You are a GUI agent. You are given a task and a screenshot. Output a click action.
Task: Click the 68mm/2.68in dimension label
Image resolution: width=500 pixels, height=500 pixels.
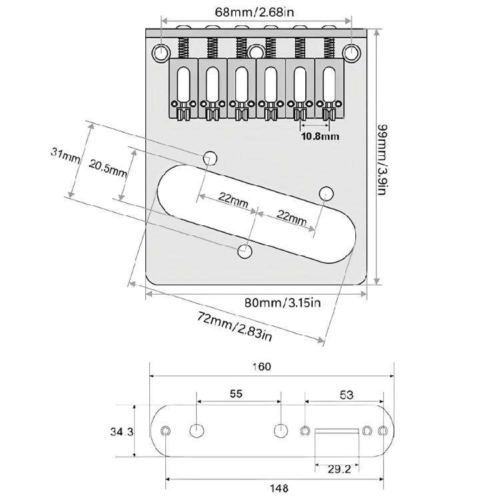coord(254,12)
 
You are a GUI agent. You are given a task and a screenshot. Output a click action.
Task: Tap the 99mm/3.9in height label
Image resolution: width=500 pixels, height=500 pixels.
coord(382,159)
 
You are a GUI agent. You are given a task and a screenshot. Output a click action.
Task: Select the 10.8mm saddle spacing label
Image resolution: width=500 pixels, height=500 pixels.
coord(320,137)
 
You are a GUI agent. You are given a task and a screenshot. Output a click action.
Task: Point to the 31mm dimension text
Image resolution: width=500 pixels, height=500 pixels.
coord(65,155)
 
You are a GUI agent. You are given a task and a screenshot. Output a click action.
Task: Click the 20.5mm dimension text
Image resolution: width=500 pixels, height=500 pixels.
coord(108,169)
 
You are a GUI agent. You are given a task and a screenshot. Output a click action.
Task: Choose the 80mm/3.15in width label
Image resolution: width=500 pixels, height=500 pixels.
coord(283,302)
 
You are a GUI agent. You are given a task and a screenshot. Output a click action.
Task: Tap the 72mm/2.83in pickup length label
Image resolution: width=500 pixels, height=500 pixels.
coord(235,327)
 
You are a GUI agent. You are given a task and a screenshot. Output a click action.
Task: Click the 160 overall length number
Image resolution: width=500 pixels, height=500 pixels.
coord(261,367)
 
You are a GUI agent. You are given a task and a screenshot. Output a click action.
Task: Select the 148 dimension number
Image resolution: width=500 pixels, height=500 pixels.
coord(279,488)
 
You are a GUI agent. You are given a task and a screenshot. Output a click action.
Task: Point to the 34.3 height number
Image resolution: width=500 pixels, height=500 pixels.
coord(122,432)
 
